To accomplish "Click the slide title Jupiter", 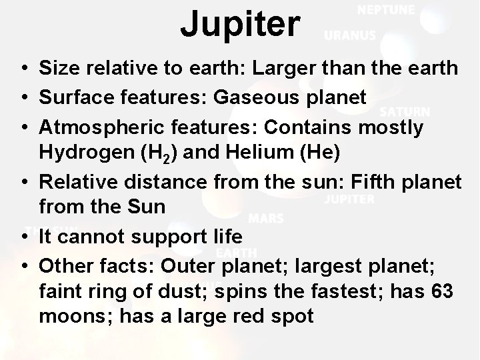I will [x=240, y=24].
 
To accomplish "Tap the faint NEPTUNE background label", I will [x=385, y=10].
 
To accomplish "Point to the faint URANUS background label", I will [x=350, y=36].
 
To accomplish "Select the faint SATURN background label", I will [x=405, y=112].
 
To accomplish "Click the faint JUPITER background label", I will [x=349, y=199].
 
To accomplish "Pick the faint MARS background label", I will [x=266, y=218].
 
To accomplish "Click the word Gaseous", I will [x=255, y=98].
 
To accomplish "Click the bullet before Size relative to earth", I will [x=23, y=69].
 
